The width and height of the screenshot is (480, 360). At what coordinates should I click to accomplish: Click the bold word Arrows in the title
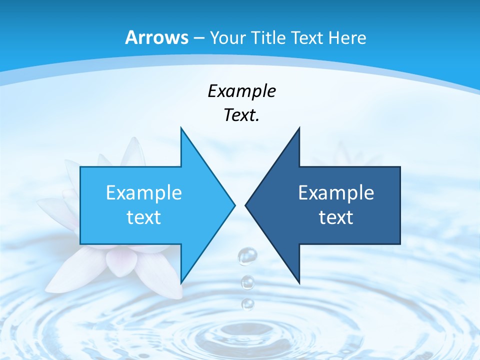click(x=157, y=37)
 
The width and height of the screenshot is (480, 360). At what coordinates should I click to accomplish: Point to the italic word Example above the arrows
click(x=241, y=91)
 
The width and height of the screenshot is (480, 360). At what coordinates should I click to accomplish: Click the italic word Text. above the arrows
click(x=241, y=115)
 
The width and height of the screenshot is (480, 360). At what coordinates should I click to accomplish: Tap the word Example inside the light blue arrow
click(x=144, y=192)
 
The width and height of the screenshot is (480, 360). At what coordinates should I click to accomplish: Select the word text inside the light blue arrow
click(x=144, y=217)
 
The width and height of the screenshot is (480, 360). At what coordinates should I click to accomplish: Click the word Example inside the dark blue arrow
click(x=336, y=192)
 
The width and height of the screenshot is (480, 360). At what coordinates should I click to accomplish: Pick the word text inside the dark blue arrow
click(x=336, y=217)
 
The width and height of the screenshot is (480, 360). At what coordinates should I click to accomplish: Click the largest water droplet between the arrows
click(x=247, y=256)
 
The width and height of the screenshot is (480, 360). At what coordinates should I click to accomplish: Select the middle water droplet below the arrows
click(x=247, y=282)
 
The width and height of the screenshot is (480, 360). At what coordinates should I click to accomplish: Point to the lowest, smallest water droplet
click(x=247, y=303)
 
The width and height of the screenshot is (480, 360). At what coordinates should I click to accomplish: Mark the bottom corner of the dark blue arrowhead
click(x=299, y=282)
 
